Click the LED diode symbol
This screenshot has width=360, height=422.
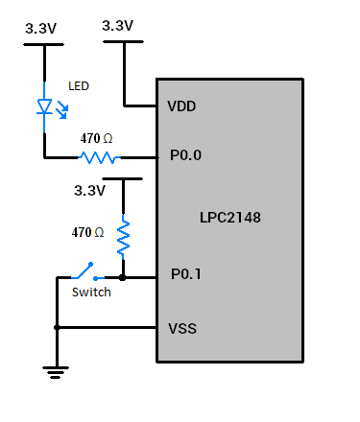pos(44,106)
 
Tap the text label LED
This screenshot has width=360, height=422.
pos(79,86)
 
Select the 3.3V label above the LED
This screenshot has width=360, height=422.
pos(40,30)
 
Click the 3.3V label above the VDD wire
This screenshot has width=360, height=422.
pos(116,26)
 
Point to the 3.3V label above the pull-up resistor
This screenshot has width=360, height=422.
pos(89,191)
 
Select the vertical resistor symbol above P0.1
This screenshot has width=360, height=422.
pos(123,238)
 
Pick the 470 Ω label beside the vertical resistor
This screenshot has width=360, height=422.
pos(88,232)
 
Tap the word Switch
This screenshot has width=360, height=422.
pos(91,293)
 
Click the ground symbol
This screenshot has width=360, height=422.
pos(57,369)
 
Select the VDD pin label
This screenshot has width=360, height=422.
pos(182,105)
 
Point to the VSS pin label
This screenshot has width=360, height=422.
pos(182,328)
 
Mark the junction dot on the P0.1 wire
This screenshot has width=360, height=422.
pos(123,277)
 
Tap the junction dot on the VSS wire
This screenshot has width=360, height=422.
pos(57,328)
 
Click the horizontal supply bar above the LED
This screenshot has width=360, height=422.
pos(44,42)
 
